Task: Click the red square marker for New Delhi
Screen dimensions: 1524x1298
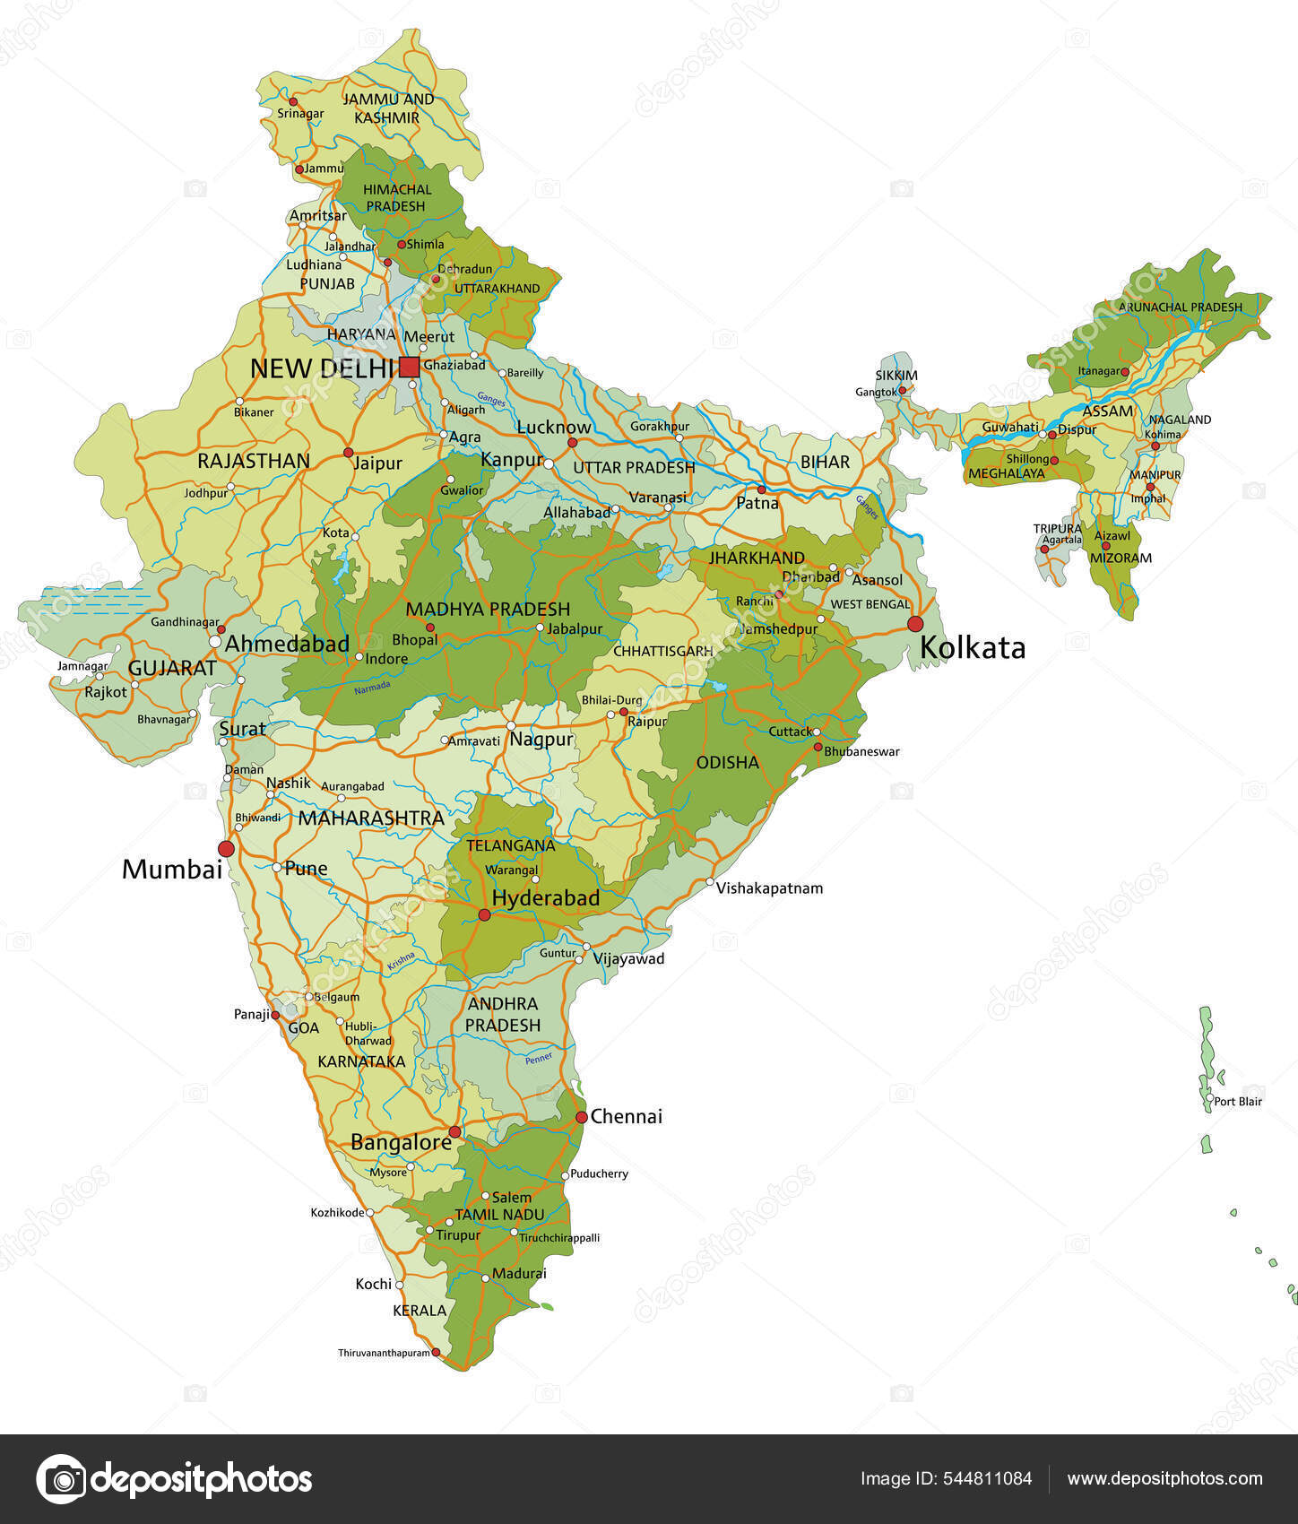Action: pos(409,367)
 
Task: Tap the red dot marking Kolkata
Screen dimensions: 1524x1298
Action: pos(915,624)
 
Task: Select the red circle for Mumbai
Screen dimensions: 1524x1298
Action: pos(226,848)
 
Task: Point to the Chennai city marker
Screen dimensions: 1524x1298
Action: pos(581,1117)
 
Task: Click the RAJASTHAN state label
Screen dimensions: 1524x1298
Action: pos(254,461)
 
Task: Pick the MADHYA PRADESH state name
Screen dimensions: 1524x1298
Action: pos(488,610)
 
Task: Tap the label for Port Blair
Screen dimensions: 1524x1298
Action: pos(1238,1102)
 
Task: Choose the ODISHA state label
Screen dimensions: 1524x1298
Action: pos(727,763)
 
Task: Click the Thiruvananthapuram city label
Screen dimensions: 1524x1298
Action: pos(384,1353)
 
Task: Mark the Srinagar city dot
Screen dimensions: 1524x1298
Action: pos(293,102)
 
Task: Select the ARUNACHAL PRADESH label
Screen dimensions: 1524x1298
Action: pos(1180,307)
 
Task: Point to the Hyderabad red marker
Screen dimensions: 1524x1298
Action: pos(484,915)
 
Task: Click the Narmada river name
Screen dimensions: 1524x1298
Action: pos(372,688)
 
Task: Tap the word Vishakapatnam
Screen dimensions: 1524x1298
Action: pos(770,888)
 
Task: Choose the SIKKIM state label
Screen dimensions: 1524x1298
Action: pos(896,376)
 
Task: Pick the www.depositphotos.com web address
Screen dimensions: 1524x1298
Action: pos(1164,1479)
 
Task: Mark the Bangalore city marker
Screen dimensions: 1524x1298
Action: pos(454,1132)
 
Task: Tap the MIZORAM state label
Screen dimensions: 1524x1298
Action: pos(1121,558)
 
